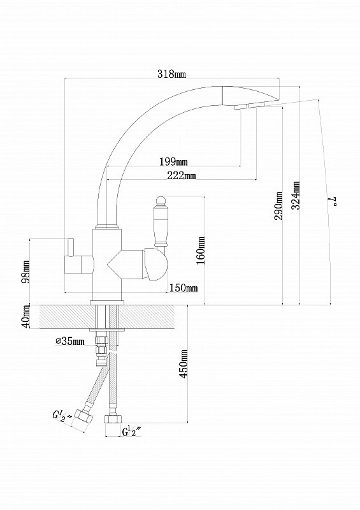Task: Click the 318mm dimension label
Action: click(x=171, y=74)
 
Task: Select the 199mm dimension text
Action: click(x=173, y=161)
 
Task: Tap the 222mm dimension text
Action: click(x=182, y=175)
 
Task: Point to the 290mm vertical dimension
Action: click(x=279, y=205)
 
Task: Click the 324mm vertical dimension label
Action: click(x=296, y=195)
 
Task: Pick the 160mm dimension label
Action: click(x=201, y=251)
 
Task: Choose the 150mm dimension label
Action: click(x=184, y=288)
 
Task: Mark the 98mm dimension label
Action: click(x=25, y=272)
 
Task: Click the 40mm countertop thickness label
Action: click(x=25, y=316)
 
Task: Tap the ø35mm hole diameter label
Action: click(x=70, y=341)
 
